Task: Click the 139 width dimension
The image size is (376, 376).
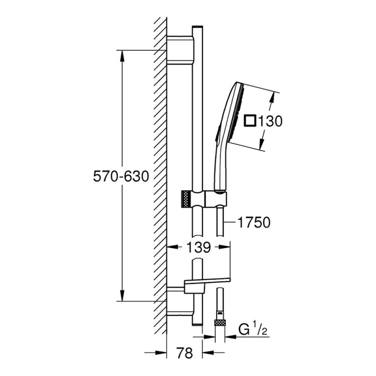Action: pyautogui.click(x=199, y=247)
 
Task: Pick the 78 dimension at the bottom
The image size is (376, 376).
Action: pyautogui.click(x=184, y=353)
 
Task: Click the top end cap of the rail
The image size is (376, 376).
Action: pyautogui.click(x=197, y=27)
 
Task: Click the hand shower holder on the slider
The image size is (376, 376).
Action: pyautogui.click(x=217, y=199)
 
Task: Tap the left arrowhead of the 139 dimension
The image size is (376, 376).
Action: pyautogui.click(x=171, y=247)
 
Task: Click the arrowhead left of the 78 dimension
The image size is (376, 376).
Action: pyautogui.click(x=162, y=353)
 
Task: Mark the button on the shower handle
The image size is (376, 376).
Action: pyautogui.click(x=217, y=135)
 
